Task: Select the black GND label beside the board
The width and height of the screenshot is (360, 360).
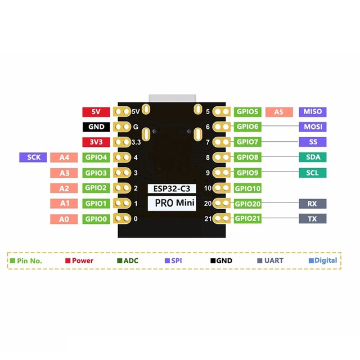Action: (96, 127)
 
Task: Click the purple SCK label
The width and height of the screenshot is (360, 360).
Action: (33, 157)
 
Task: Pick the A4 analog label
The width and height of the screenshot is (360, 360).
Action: (65, 157)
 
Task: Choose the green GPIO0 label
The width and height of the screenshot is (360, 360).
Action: (96, 219)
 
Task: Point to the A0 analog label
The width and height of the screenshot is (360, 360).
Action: (65, 219)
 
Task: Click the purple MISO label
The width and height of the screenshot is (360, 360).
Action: (313, 112)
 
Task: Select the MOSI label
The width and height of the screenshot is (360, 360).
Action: (313, 127)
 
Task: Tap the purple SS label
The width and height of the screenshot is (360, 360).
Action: (313, 142)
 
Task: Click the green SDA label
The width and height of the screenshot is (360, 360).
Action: (313, 157)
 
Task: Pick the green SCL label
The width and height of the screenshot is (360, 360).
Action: (313, 173)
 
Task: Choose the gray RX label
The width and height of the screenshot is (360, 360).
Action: (313, 204)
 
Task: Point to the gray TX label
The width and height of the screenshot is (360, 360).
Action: (313, 219)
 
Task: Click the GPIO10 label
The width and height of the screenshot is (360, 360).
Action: (247, 188)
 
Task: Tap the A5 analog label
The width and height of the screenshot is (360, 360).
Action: (279, 112)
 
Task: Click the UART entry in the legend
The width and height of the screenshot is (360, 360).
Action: (273, 260)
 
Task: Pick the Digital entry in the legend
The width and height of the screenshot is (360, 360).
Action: (325, 260)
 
